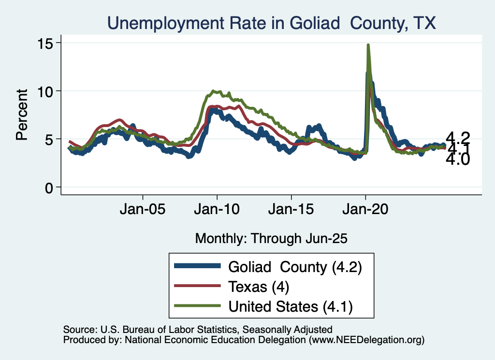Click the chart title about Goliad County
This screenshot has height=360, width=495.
click(x=271, y=23)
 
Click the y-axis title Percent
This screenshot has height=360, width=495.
click(x=22, y=115)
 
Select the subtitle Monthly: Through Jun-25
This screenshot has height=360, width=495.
click(x=271, y=238)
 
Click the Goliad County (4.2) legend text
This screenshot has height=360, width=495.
click(x=295, y=267)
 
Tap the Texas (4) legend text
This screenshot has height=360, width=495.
click(x=259, y=287)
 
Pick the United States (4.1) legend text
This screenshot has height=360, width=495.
click(x=291, y=306)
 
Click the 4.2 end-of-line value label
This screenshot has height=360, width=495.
click(x=457, y=137)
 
